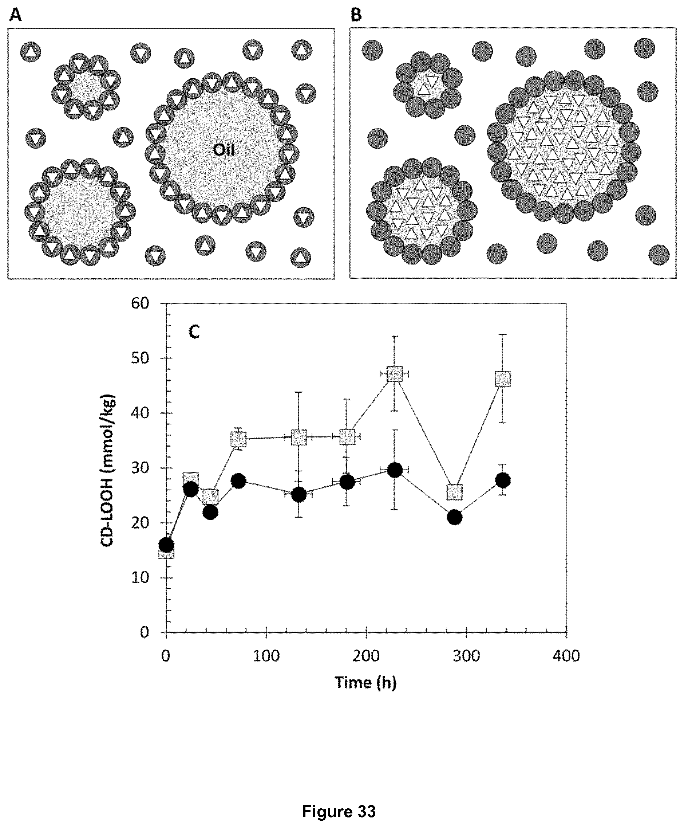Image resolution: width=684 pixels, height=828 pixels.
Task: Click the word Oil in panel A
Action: pyautogui.click(x=224, y=150)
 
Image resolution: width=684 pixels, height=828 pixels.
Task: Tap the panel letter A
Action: pyautogui.click(x=15, y=15)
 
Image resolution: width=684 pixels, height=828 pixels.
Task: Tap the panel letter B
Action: pyautogui.click(x=356, y=15)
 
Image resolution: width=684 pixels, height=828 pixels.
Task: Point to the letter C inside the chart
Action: pyautogui.click(x=194, y=332)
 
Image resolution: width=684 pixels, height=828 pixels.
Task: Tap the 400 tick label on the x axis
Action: pyautogui.click(x=566, y=656)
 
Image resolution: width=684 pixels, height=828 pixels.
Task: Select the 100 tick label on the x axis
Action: pyautogui.click(x=266, y=656)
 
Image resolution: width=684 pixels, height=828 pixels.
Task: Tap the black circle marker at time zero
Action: pyautogui.click(x=166, y=546)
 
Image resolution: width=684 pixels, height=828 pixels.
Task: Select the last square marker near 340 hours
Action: pyautogui.click(x=503, y=379)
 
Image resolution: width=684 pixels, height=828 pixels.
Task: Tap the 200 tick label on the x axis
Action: pyautogui.click(x=367, y=656)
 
